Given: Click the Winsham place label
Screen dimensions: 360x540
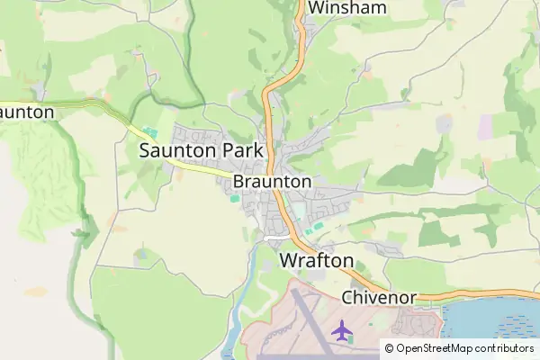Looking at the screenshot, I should coord(347,8).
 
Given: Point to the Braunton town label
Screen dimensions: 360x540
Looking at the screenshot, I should coord(272,182).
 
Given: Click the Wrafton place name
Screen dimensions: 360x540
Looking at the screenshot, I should coord(317,261).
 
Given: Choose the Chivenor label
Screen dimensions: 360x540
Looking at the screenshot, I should coord(378,297).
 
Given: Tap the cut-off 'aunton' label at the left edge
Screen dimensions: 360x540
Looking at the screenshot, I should coord(27,112).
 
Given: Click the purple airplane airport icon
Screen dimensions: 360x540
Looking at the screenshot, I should coord(342,331).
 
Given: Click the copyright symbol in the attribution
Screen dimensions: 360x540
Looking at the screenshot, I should coord(389,347).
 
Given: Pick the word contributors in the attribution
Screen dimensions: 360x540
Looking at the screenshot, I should coord(504,347).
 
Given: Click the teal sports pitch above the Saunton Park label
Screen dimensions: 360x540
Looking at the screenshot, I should coord(148,132).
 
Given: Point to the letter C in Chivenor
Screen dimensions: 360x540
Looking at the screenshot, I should coord(348,297).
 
